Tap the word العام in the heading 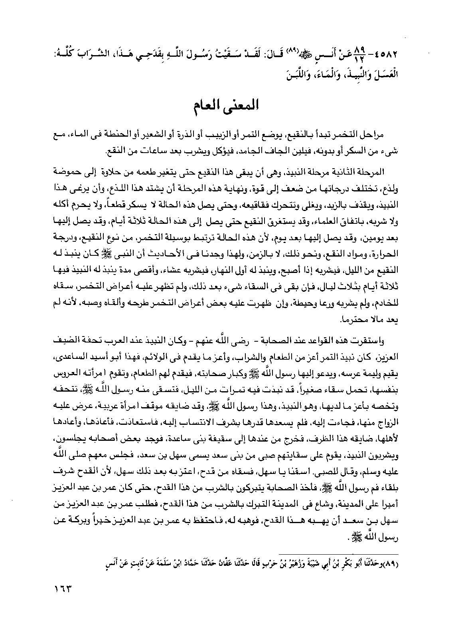[x=208, y=107]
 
